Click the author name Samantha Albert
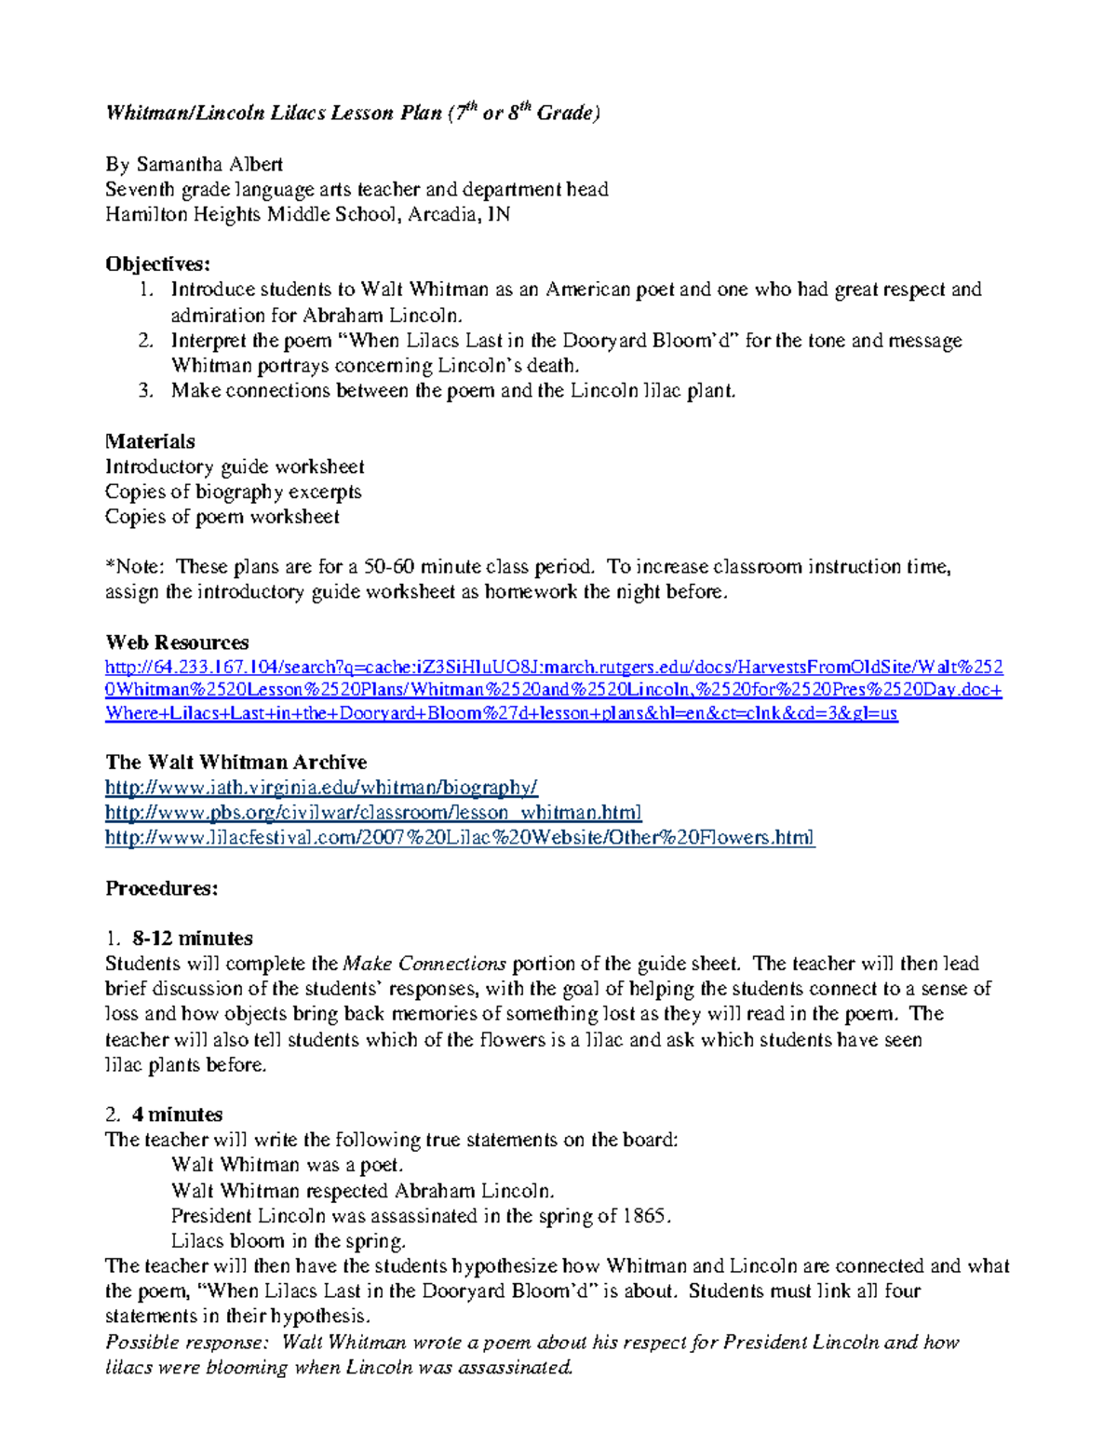pyautogui.click(x=209, y=165)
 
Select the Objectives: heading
pyautogui.click(x=157, y=264)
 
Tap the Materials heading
pyautogui.click(x=150, y=440)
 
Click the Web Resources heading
pyautogui.click(x=177, y=642)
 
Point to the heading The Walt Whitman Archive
pyautogui.click(x=236, y=762)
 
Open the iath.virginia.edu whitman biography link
pyautogui.click(x=321, y=788)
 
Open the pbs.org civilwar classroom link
pyautogui.click(x=373, y=813)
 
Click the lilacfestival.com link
pyautogui.click(x=460, y=838)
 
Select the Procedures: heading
pyautogui.click(x=161, y=888)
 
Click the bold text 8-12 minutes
pyautogui.click(x=193, y=938)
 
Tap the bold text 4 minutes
pyautogui.click(x=177, y=1115)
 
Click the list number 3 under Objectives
pyautogui.click(x=145, y=391)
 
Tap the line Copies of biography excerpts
pyautogui.click(x=233, y=492)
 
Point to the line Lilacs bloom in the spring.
pyautogui.click(x=289, y=1241)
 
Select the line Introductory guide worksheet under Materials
pyautogui.click(x=235, y=466)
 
